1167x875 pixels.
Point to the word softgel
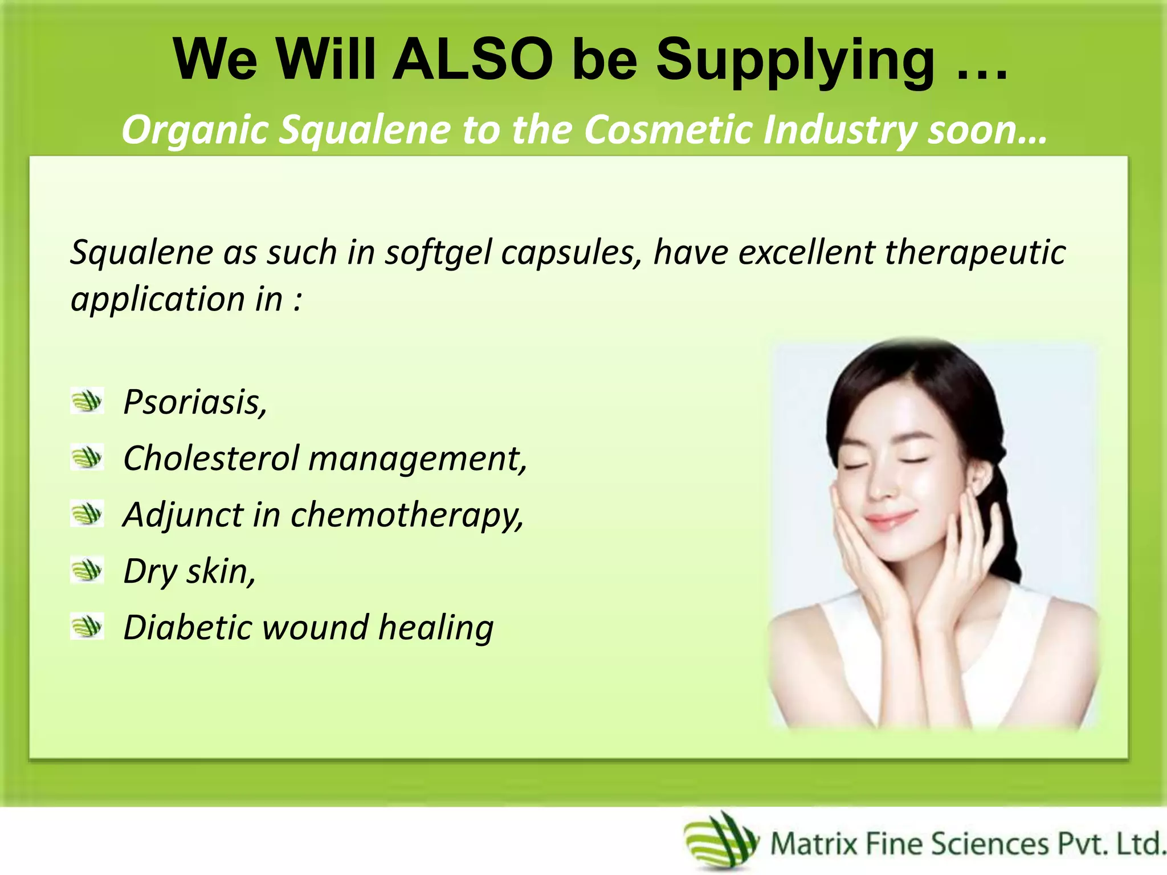[438, 252]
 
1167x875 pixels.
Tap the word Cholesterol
[211, 458]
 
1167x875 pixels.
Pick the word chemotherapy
[407, 515]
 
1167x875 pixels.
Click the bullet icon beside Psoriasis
[87, 400]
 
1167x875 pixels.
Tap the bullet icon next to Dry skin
[87, 570]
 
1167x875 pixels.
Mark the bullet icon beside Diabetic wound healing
[87, 626]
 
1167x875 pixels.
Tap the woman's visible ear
[981, 476]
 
